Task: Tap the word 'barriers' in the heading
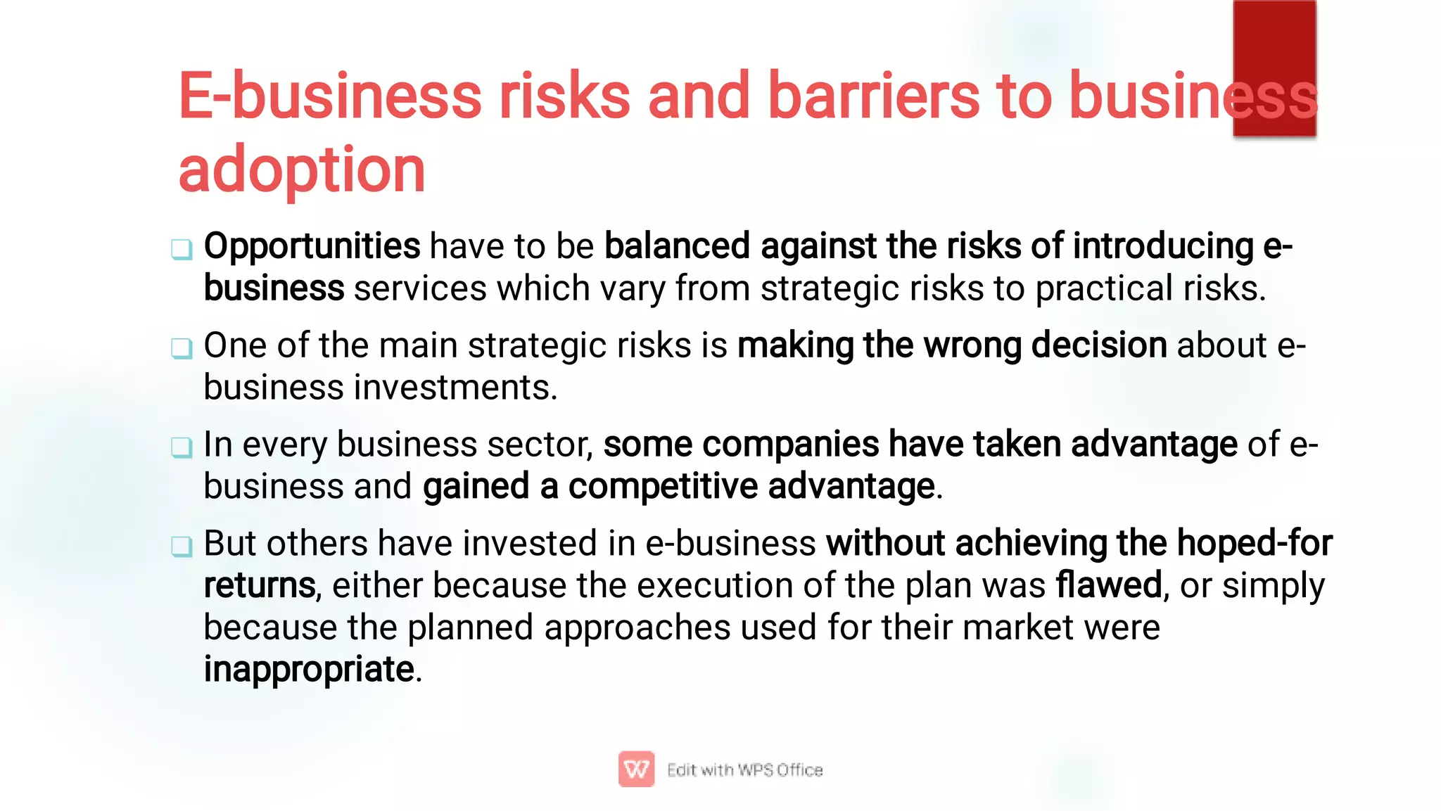click(x=872, y=96)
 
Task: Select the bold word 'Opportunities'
click(x=312, y=246)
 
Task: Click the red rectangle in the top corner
click(x=1274, y=68)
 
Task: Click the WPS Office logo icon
click(x=636, y=769)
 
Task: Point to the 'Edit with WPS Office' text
click(x=744, y=770)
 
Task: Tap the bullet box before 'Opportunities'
click(x=182, y=249)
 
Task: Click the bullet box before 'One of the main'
click(x=182, y=347)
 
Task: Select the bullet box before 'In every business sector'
click(x=182, y=447)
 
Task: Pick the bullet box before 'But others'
click(x=182, y=546)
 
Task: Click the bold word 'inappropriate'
click(x=309, y=669)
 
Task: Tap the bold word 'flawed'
click(x=1108, y=585)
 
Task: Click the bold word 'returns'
click(x=259, y=585)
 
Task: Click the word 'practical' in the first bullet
click(x=1103, y=288)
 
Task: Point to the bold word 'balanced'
click(x=677, y=246)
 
